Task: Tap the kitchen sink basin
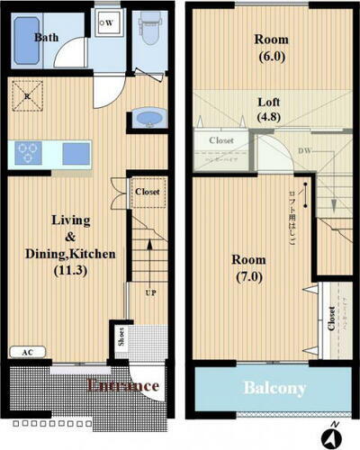click(x=76, y=153)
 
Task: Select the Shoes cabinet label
click(x=121, y=336)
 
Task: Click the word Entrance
click(x=122, y=385)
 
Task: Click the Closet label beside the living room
click(x=147, y=192)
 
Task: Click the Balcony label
click(x=273, y=389)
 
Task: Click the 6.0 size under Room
click(x=271, y=56)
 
